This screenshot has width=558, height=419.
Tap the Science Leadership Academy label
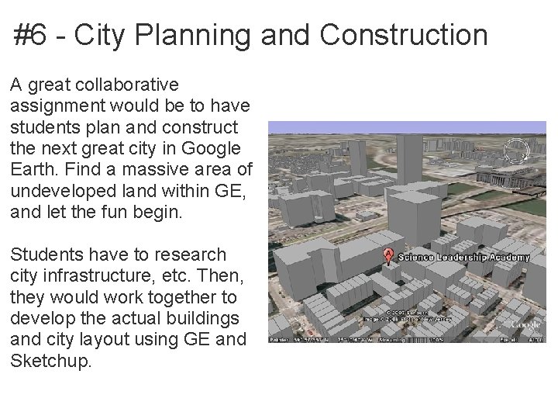tap(463, 258)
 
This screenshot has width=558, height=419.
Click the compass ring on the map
tap(515, 149)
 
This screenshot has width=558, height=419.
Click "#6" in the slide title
tap(30, 36)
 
